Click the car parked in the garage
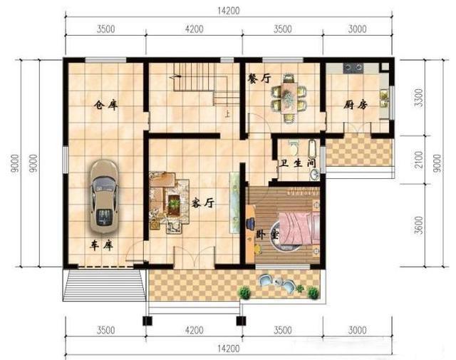coord(104,197)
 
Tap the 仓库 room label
coord(106,105)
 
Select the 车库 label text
coord(102,246)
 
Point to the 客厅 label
coord(202,203)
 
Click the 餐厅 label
coord(259,78)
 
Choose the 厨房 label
coord(356,105)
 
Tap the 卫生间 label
coord(298,163)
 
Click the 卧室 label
coord(267,235)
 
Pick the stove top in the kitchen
coord(353,68)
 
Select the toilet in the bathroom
coord(293,148)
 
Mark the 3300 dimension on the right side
coord(419,98)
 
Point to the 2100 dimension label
coord(419,160)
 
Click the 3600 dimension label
coord(419,225)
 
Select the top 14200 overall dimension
coord(229,11)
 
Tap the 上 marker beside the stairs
coord(227,114)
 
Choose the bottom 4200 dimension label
coord(195,330)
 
